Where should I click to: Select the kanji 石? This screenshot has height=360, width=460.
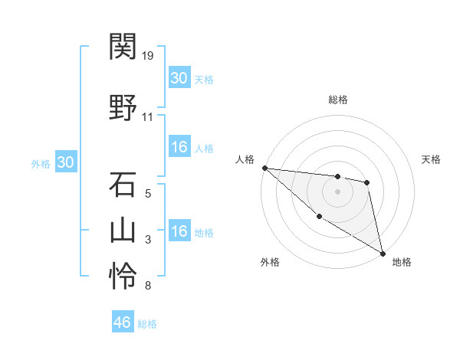point(123,185)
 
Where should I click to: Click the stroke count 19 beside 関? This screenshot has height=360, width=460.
point(148,56)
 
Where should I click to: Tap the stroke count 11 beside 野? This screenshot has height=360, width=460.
point(148,117)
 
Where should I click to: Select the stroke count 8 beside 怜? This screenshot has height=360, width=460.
point(147,286)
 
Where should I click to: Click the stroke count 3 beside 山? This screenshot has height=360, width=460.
point(148,240)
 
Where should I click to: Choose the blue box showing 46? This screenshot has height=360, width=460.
point(122,322)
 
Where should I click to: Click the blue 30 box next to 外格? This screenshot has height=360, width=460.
point(65,162)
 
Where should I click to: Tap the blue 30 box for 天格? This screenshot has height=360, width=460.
point(179,78)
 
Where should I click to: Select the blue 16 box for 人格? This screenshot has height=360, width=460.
point(179,147)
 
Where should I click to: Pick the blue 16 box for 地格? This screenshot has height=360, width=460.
point(179,231)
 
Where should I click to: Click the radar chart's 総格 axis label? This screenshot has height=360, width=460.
point(337,100)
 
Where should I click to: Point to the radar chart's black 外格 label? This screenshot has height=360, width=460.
point(270,262)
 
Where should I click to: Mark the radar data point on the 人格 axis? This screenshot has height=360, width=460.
point(264,168)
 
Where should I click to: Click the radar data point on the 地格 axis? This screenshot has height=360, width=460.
point(383,253)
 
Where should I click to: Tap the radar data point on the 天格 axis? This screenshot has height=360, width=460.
point(367,182)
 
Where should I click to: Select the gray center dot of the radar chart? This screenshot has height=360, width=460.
point(337,191)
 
